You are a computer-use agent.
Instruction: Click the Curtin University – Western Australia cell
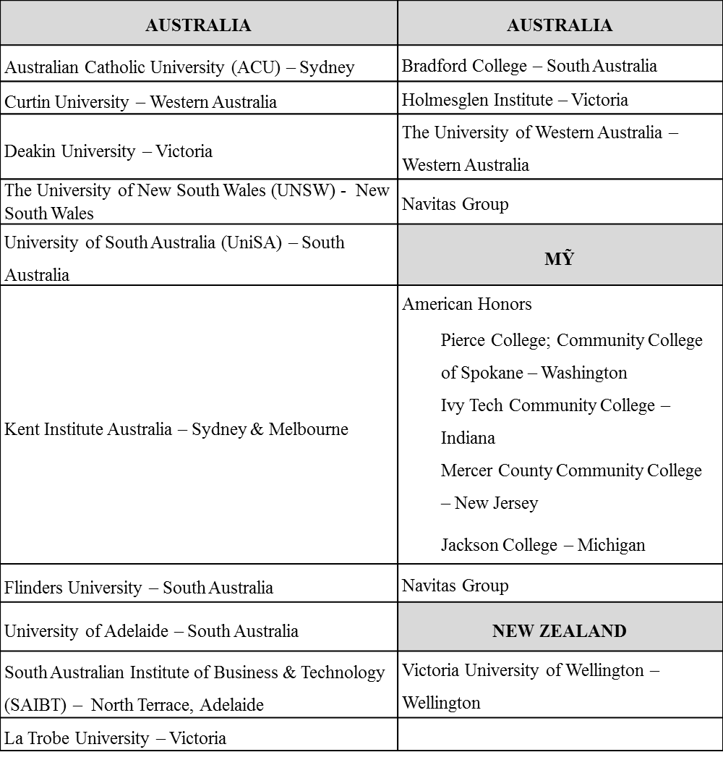click(x=141, y=102)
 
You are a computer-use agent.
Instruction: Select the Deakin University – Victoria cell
click(x=108, y=151)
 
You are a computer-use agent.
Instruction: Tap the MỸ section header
click(x=560, y=259)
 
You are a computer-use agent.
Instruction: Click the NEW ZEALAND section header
click(x=560, y=630)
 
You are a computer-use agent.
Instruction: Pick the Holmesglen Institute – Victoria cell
click(x=515, y=100)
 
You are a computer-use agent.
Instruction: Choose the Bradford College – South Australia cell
click(x=529, y=66)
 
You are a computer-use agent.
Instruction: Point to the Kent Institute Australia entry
click(x=176, y=429)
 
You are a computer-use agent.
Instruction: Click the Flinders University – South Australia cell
click(x=139, y=587)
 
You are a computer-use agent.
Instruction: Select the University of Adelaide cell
click(x=151, y=630)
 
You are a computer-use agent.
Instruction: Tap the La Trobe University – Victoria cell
click(x=116, y=738)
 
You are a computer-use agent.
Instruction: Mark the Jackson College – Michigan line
click(x=543, y=545)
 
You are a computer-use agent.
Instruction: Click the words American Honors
click(x=467, y=304)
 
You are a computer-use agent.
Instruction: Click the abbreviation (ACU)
click(x=258, y=67)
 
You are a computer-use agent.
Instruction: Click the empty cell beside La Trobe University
click(x=560, y=735)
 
